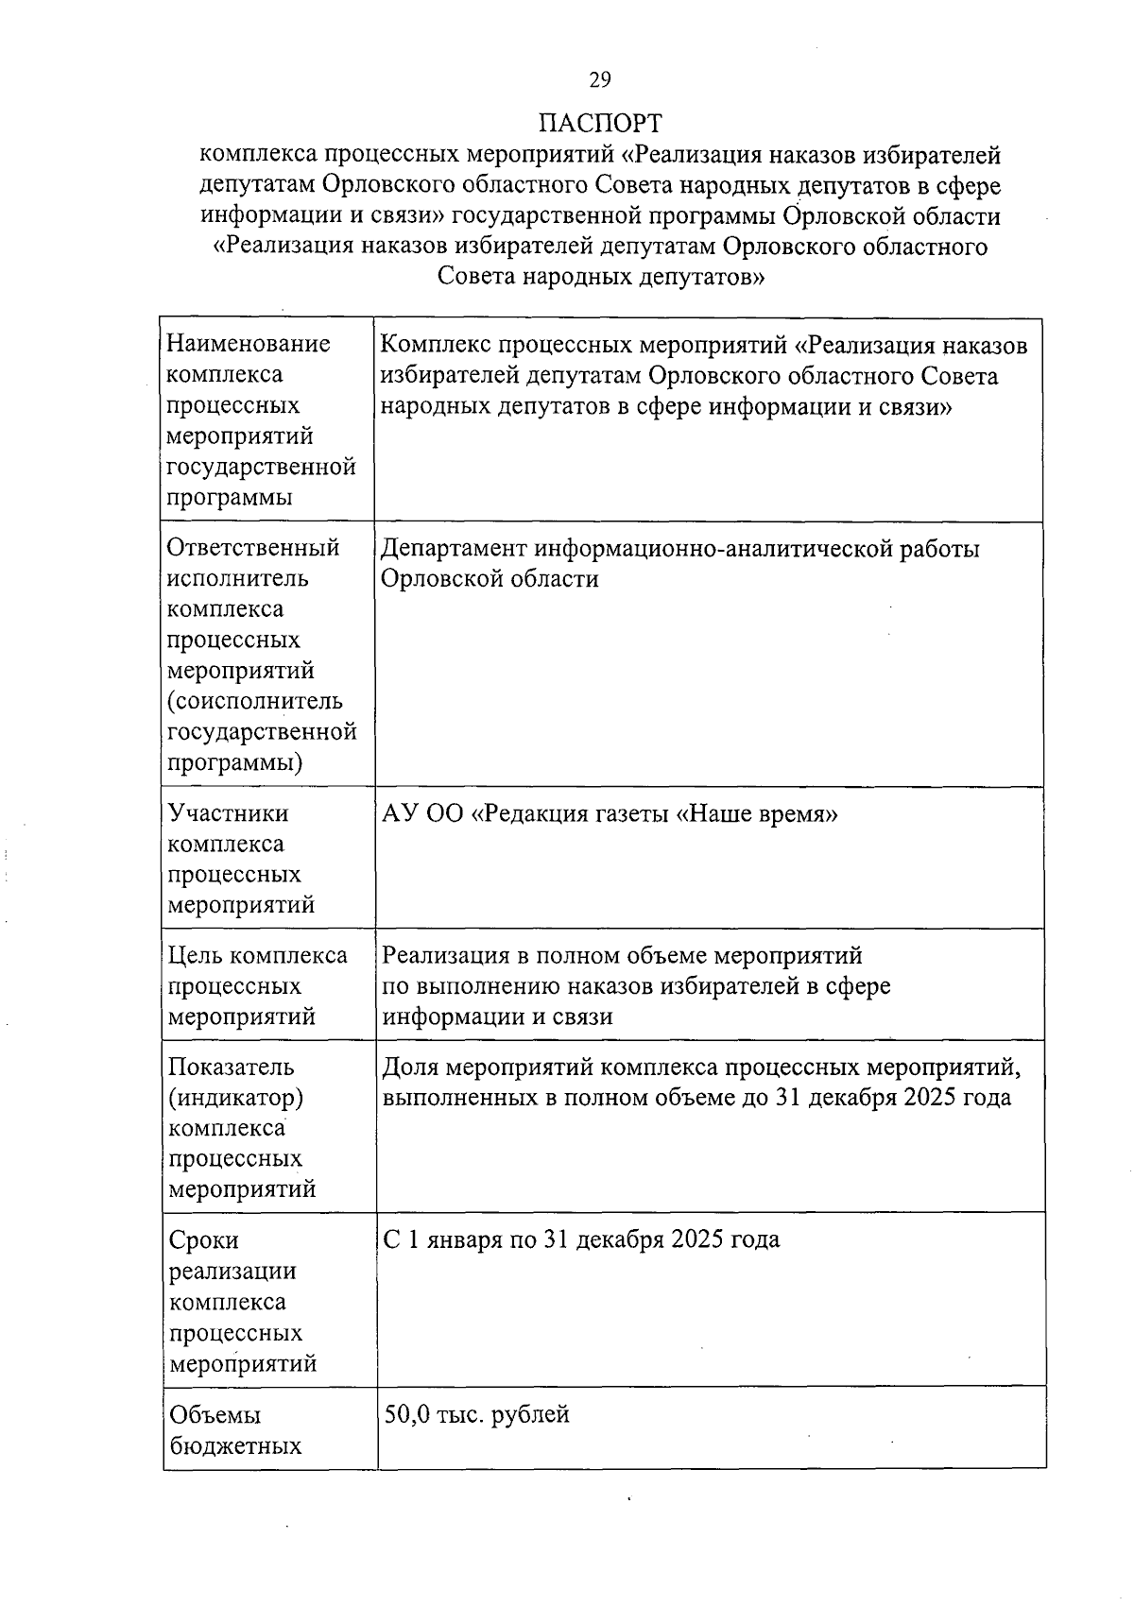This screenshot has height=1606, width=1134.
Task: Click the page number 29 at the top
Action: [x=600, y=79]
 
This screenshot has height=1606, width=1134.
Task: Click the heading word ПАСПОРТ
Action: [x=600, y=124]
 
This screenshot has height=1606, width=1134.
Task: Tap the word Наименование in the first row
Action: [x=249, y=344]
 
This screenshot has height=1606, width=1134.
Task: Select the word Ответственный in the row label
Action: [x=253, y=548]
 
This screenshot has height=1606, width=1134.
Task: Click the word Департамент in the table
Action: [x=455, y=549]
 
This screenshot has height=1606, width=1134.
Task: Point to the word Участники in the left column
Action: [x=228, y=813]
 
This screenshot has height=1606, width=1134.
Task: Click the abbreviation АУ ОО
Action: [x=422, y=814]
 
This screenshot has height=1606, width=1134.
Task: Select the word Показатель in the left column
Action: [x=232, y=1068]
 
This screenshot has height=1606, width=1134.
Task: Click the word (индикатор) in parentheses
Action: [x=235, y=1098]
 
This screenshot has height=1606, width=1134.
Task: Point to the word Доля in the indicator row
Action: [x=410, y=1068]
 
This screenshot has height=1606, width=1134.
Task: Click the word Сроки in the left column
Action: [x=203, y=1240]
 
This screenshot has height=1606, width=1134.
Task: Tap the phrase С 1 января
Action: [x=444, y=1239]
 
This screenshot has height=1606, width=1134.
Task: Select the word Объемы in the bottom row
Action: [x=215, y=1415]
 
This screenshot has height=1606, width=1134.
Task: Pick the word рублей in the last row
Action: [x=532, y=1415]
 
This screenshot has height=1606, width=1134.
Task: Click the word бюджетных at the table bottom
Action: [x=235, y=1446]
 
